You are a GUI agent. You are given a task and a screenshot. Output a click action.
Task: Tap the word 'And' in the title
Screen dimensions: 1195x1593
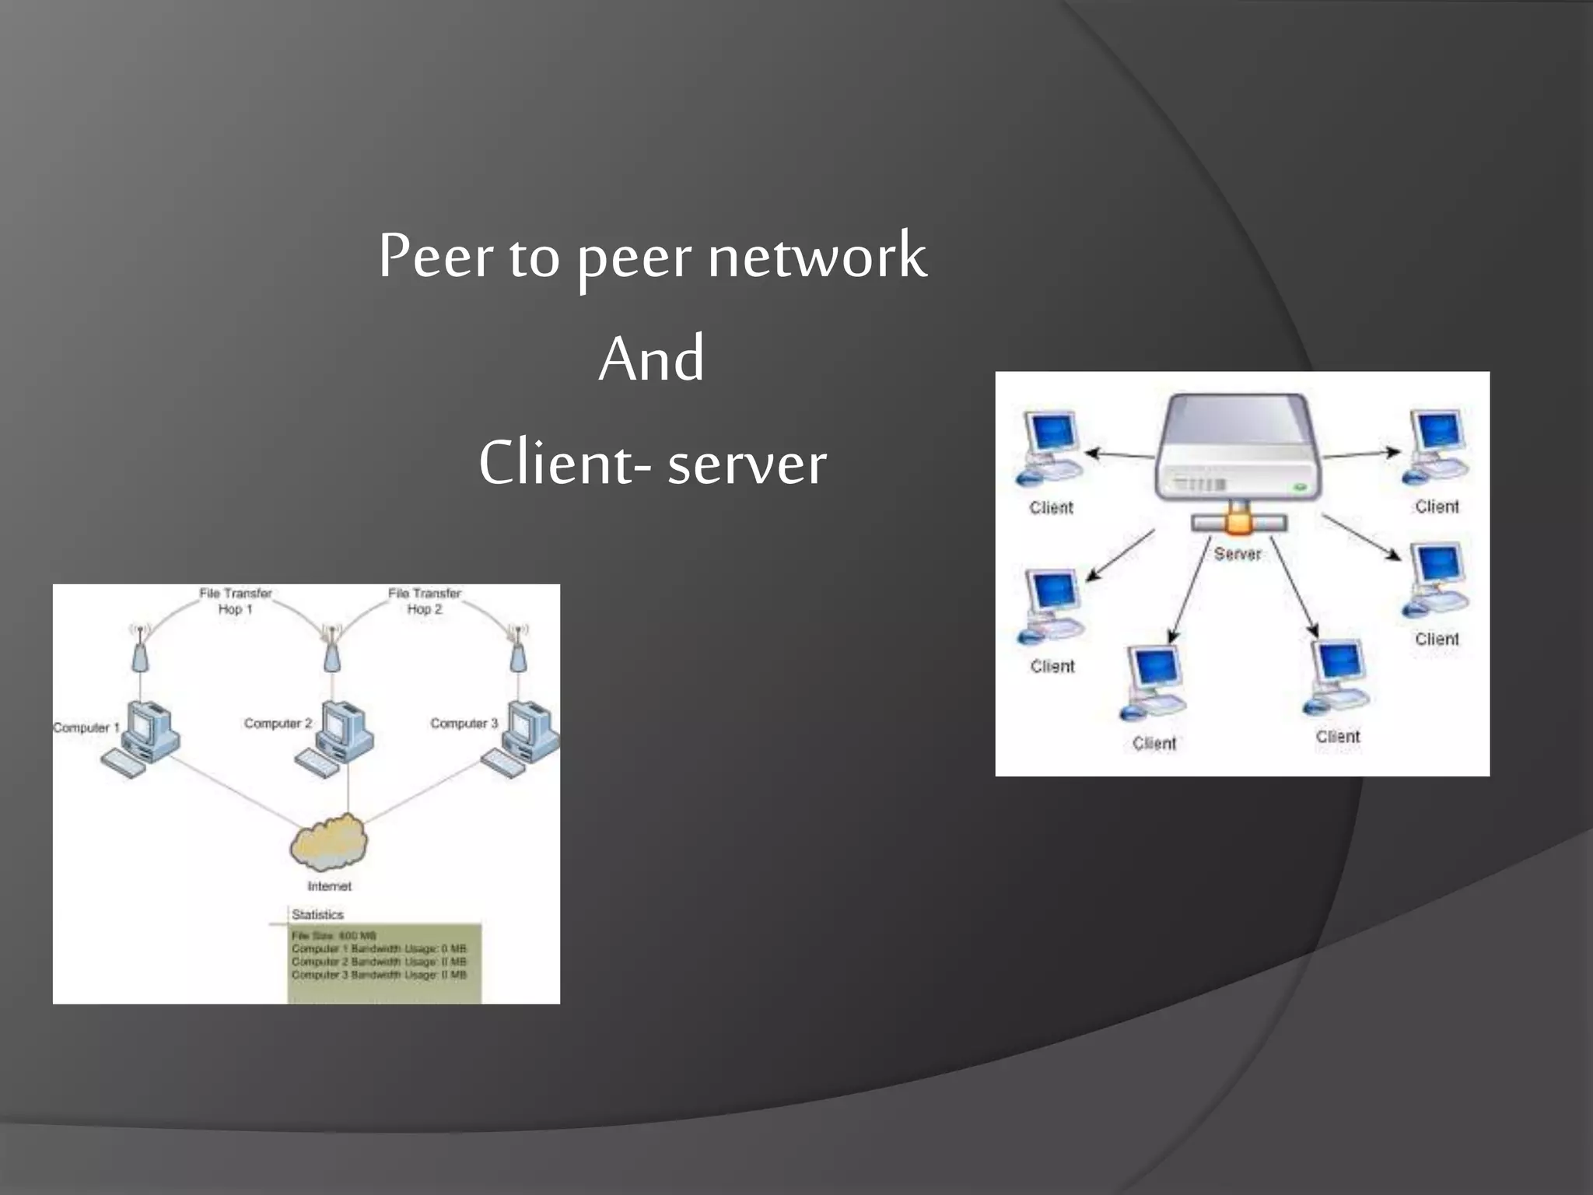pyautogui.click(x=652, y=359)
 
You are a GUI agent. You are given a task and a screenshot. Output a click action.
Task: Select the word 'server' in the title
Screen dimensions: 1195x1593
pyautogui.click(x=747, y=464)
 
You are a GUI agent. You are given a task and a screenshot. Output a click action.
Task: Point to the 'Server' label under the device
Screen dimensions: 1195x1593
pyautogui.click(x=1237, y=554)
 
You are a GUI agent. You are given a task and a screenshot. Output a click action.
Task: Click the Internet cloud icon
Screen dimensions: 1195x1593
pyautogui.click(x=329, y=842)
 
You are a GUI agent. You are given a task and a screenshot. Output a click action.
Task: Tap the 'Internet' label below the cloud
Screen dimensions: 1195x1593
pyautogui.click(x=329, y=886)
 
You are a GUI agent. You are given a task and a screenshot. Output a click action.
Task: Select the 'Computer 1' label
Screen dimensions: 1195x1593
pyautogui.click(x=86, y=727)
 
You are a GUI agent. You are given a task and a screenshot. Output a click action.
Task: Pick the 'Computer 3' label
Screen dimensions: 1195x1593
pyautogui.click(x=464, y=724)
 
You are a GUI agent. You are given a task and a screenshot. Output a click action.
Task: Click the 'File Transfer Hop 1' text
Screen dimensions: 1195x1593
pyautogui.click(x=235, y=601)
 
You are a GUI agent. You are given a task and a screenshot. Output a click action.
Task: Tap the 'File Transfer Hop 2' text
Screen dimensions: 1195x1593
pyautogui.click(x=424, y=601)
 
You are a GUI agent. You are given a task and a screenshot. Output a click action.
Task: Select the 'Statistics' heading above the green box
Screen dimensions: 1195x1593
pyautogui.click(x=317, y=914)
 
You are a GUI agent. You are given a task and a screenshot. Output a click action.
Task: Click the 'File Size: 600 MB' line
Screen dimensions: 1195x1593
pyautogui.click(x=334, y=935)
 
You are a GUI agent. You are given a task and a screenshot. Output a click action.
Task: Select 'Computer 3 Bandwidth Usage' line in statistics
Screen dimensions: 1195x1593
pyautogui.click(x=379, y=975)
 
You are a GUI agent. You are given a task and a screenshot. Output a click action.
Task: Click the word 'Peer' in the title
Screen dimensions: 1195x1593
pyautogui.click(x=436, y=257)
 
